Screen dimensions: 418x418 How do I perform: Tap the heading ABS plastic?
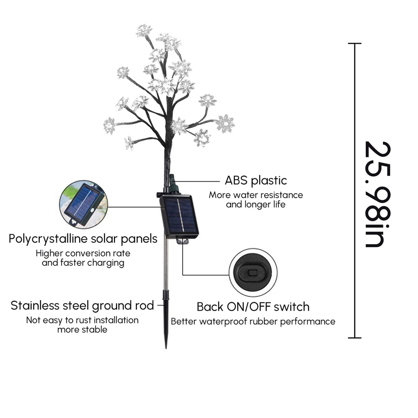point(256,181)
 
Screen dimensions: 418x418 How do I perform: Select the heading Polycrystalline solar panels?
point(83,239)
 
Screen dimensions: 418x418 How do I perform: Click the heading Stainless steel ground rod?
point(82,306)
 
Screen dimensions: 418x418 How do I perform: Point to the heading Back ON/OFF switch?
point(253,307)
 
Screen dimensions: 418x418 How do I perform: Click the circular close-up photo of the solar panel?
point(83,205)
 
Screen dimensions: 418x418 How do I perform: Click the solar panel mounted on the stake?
point(179,216)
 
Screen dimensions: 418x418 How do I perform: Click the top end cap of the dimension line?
point(355,43)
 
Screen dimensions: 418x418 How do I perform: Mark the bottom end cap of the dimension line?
point(355,338)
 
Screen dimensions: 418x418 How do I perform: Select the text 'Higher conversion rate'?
point(83,253)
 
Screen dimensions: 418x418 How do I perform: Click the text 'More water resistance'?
point(256,195)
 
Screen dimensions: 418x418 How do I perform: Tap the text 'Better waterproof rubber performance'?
point(253,322)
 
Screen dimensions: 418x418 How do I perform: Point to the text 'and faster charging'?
point(83,263)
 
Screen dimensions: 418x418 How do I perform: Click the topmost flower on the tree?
point(144,30)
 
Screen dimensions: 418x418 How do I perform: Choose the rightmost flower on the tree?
point(225,123)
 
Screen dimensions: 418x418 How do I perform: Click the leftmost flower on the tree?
point(109,125)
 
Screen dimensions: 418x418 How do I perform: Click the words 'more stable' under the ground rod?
point(82,330)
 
